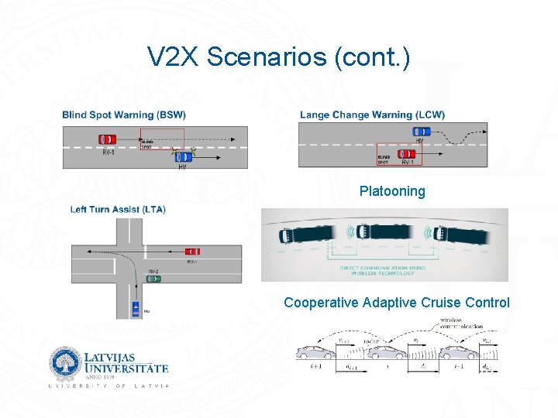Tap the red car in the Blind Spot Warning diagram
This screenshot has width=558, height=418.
(108, 139)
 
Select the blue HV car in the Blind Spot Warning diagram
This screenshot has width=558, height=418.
(184, 156)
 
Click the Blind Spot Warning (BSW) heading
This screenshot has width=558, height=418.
(124, 115)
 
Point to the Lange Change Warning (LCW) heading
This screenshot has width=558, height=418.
(372, 115)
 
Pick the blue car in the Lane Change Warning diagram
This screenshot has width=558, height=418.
(421, 132)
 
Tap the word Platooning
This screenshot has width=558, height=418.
(392, 191)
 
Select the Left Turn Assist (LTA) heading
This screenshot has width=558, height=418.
(118, 209)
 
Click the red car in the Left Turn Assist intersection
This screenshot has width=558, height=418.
(192, 251)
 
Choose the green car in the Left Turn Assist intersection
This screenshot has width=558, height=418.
(153, 279)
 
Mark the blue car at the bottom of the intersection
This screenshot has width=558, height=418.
(136, 307)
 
